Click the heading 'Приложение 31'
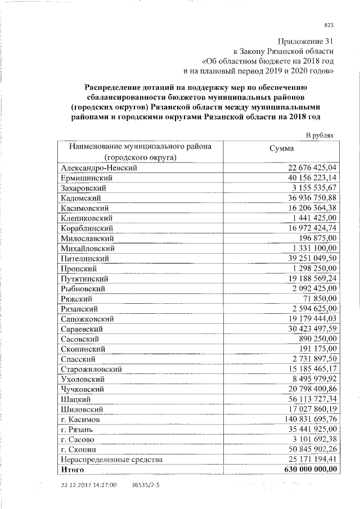click(x=306, y=41)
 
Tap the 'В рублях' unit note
click(x=320, y=135)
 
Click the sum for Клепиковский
click(x=314, y=218)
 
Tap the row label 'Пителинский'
click(x=84, y=259)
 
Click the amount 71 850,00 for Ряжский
click(x=320, y=299)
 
